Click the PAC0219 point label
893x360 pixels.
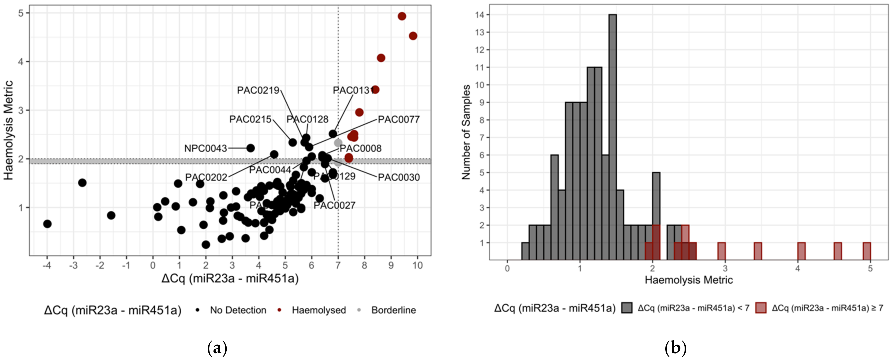(258, 90)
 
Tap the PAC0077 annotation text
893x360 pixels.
(399, 120)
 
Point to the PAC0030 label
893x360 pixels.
(399, 178)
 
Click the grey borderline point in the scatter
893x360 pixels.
(338, 143)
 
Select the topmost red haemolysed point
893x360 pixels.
(402, 16)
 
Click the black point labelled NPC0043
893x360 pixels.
(250, 148)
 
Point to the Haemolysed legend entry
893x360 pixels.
(318, 310)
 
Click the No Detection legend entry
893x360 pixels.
(238, 310)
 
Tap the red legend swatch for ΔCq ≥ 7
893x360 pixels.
(761, 308)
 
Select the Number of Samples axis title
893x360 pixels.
(466, 132)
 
